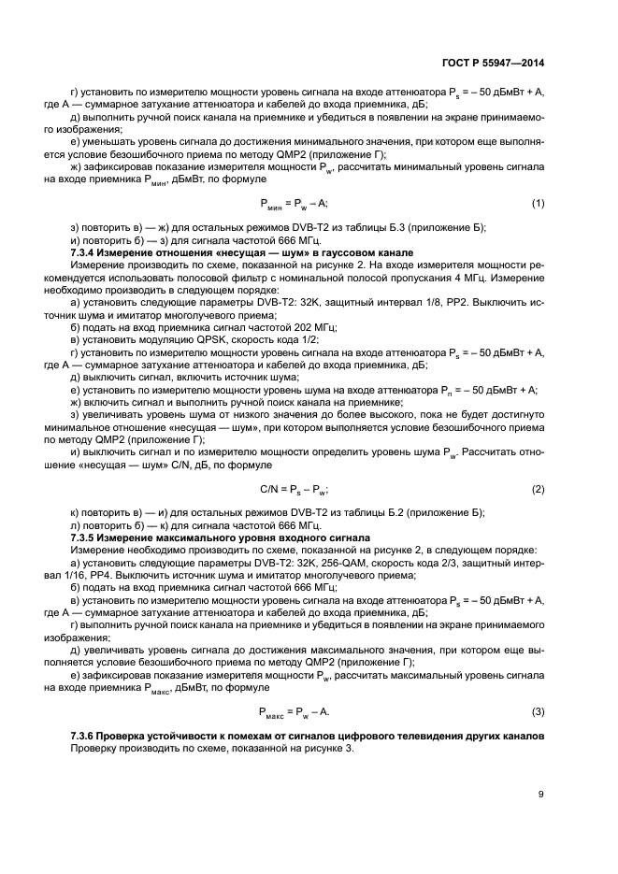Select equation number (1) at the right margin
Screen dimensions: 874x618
coord(538,203)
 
